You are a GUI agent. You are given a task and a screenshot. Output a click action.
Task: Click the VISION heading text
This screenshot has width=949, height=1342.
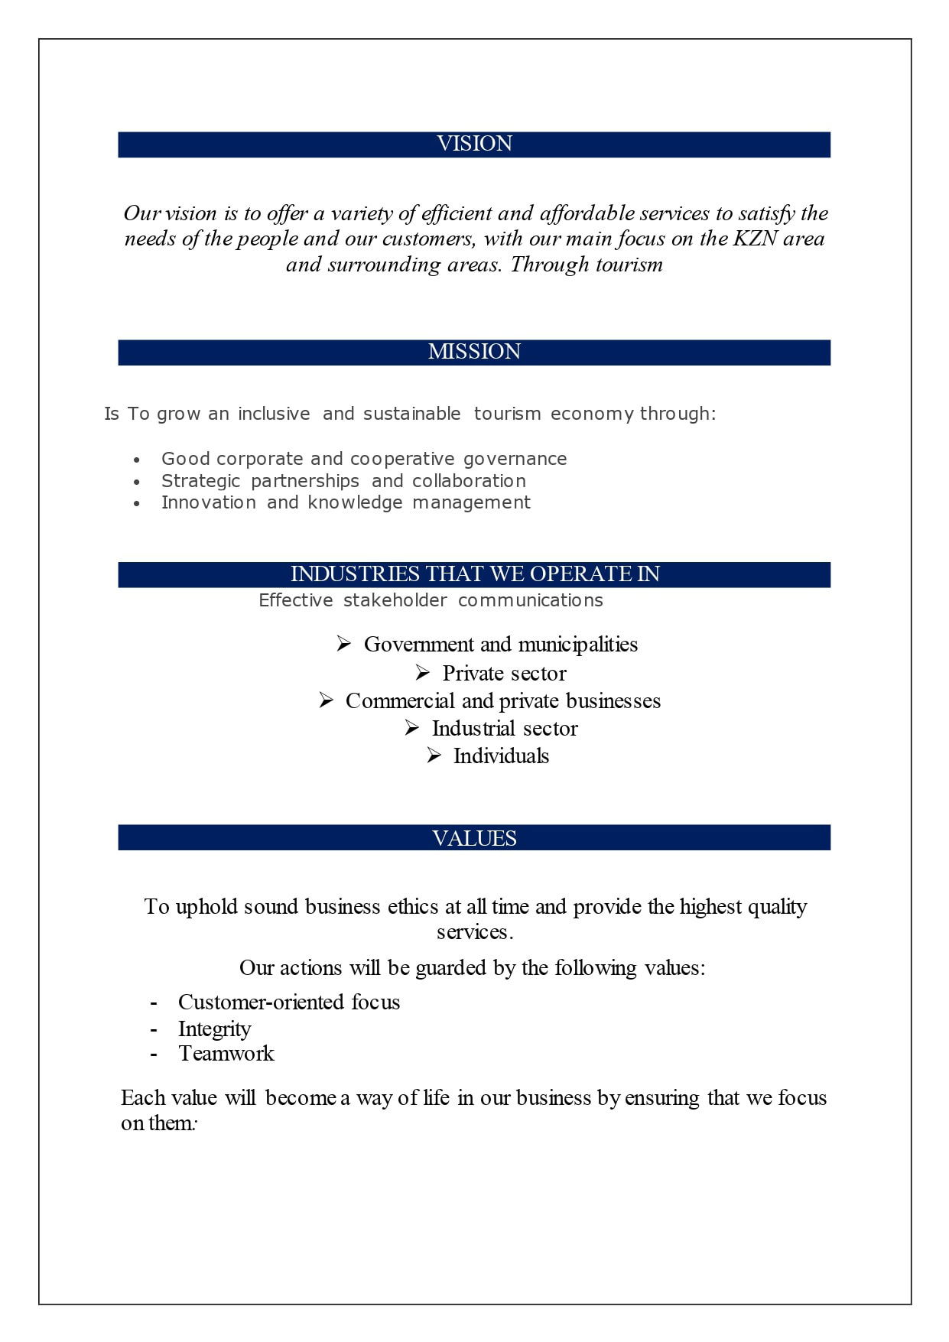(x=474, y=144)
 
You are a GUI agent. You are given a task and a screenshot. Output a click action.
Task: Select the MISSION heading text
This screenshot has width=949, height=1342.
(x=474, y=352)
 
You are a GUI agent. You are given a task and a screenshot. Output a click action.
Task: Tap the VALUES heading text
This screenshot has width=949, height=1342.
(x=474, y=839)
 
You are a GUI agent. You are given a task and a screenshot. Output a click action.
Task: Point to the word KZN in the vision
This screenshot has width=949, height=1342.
(x=755, y=239)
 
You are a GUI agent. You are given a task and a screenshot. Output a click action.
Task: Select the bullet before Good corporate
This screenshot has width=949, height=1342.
(x=137, y=460)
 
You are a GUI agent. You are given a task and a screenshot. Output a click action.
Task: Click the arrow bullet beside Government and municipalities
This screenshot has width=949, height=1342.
(x=344, y=644)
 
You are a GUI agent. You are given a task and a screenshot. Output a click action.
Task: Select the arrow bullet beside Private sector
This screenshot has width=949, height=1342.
(x=423, y=673)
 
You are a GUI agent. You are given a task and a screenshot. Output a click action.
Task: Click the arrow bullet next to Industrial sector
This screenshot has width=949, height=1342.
(x=412, y=728)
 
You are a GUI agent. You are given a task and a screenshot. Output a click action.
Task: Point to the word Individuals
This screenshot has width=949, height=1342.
(x=501, y=756)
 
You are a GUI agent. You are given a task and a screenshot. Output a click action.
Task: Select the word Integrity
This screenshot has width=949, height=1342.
(x=214, y=1029)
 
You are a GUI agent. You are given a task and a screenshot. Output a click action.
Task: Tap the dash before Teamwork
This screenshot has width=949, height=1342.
(x=154, y=1054)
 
